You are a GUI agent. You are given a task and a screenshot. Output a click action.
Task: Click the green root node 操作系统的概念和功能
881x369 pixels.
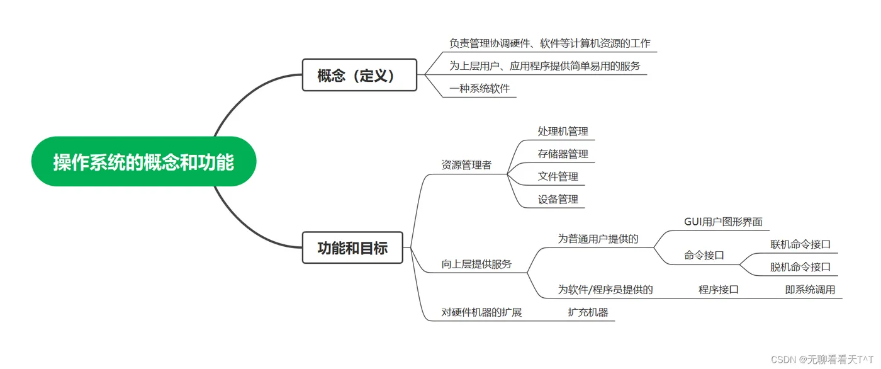click(x=143, y=161)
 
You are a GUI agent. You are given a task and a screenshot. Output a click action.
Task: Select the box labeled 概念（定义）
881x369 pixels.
click(x=359, y=75)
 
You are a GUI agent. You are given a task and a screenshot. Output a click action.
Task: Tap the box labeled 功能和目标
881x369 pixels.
click(x=352, y=248)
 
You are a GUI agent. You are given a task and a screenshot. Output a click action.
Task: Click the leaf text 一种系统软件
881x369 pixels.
click(x=480, y=89)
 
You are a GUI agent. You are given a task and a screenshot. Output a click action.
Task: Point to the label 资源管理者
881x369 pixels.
click(x=466, y=165)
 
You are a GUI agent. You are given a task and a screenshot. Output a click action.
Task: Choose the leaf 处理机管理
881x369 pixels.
click(x=563, y=132)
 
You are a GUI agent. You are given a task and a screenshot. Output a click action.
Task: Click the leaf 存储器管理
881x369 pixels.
click(x=563, y=154)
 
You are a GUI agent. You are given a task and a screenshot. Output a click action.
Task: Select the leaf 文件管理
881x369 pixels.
click(x=558, y=176)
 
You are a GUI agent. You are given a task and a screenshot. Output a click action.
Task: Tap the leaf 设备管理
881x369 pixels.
click(x=558, y=199)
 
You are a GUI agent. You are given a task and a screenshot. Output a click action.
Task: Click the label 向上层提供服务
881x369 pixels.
click(x=476, y=264)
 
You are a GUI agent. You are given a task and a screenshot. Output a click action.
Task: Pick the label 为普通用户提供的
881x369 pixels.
click(x=598, y=239)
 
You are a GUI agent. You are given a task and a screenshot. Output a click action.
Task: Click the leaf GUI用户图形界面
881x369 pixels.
click(x=723, y=222)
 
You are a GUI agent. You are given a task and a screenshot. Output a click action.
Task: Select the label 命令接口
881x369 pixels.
click(x=704, y=255)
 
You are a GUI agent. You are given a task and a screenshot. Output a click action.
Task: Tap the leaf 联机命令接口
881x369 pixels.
click(x=800, y=244)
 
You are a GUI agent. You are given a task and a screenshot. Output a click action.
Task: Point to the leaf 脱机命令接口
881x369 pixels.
click(x=800, y=267)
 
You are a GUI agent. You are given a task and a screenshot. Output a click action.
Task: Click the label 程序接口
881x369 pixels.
click(x=718, y=290)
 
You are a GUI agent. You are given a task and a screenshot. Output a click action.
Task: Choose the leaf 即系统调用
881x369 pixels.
click(x=810, y=290)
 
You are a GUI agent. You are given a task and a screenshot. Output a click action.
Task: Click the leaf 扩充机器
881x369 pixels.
click(x=588, y=312)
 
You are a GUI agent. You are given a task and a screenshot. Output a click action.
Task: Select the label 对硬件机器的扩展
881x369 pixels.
click(x=481, y=312)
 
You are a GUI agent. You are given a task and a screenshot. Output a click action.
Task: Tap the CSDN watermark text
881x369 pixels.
click(x=822, y=359)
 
